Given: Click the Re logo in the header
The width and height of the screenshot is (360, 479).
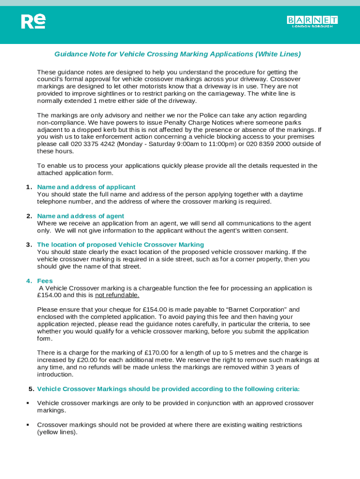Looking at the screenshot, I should (33, 22).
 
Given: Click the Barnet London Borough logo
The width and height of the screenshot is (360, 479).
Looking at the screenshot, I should (312, 22).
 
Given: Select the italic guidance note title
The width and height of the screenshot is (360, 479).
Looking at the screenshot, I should (177, 54).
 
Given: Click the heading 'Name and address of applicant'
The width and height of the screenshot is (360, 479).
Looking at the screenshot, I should (86, 187).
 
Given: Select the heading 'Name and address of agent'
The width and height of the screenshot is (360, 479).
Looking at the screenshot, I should (80, 216).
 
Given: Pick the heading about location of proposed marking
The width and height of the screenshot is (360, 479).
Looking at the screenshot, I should (120, 245).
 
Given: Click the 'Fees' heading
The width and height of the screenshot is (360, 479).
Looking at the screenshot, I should (45, 281).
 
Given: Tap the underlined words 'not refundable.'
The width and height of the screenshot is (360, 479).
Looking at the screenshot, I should (117, 295).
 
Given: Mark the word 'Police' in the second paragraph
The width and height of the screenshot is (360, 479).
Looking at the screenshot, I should (197, 115).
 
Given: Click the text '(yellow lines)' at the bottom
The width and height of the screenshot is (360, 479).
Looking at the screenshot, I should (57, 432).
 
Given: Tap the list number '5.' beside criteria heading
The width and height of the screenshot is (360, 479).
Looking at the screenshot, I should (31, 389).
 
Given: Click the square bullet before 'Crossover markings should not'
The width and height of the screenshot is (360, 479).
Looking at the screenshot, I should (28, 425).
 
